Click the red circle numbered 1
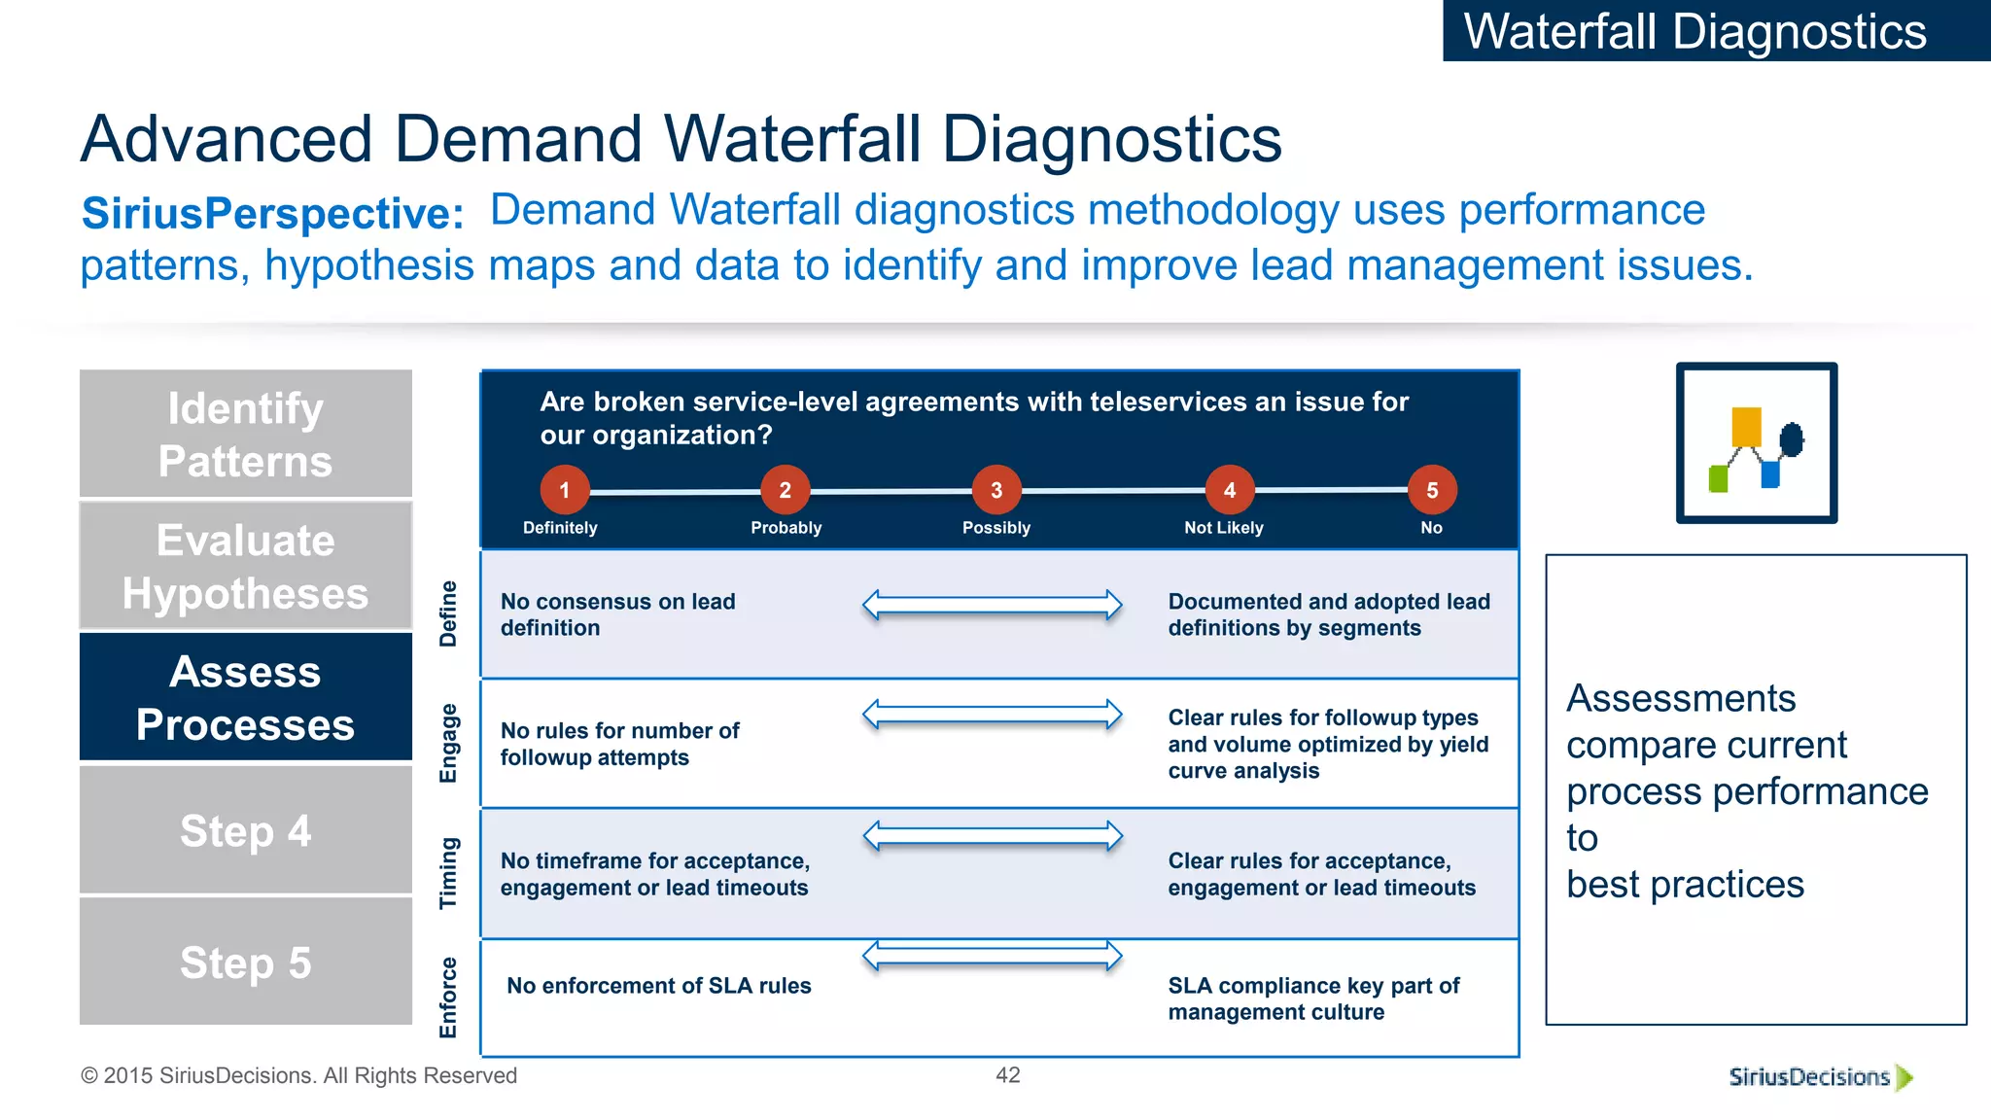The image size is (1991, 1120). coord(564,490)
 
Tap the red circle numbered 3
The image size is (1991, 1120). coord(996,490)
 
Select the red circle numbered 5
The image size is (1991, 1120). coord(1432,490)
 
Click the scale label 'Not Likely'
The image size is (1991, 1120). coord(1223,528)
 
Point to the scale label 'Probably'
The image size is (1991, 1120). coord(786,528)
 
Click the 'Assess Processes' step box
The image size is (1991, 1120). coord(245,697)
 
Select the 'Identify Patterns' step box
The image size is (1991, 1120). coord(245,434)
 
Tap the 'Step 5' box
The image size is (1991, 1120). coord(245,962)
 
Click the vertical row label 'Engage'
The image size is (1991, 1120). coord(448,744)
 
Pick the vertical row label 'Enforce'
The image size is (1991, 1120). coord(448,997)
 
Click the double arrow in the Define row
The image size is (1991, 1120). coord(992,605)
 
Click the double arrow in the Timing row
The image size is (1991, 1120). coord(992,836)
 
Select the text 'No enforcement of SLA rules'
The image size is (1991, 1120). coord(658,986)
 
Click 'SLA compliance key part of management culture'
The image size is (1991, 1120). coord(1312,998)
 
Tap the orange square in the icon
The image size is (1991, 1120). coord(1746,427)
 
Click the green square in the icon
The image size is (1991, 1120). coord(1718,479)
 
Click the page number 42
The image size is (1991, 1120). coord(1007,1075)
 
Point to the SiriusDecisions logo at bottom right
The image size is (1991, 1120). coord(1818,1077)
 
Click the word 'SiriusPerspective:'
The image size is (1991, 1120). coord(272,214)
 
